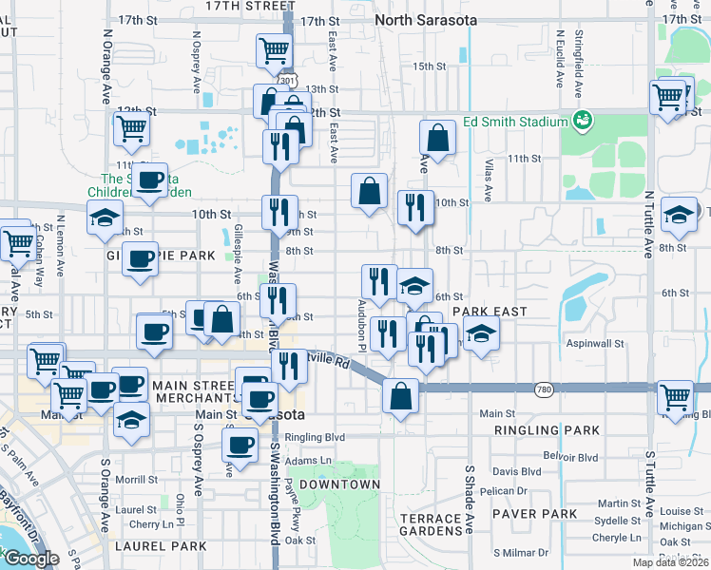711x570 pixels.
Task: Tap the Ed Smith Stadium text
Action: pyautogui.click(x=513, y=122)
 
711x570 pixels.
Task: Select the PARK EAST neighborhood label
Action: pyautogui.click(x=489, y=312)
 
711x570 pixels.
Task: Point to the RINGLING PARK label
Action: pyautogui.click(x=547, y=430)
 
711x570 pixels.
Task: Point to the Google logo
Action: pyautogui.click(x=31, y=559)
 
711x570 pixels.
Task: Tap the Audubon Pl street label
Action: pyautogui.click(x=361, y=314)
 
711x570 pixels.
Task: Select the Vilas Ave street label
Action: pyautogui.click(x=489, y=180)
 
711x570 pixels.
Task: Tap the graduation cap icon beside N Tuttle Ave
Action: pyautogui.click(x=679, y=215)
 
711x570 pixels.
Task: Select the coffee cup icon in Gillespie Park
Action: pyautogui.click(x=140, y=258)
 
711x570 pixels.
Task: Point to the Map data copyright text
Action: pyautogui.click(x=669, y=562)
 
